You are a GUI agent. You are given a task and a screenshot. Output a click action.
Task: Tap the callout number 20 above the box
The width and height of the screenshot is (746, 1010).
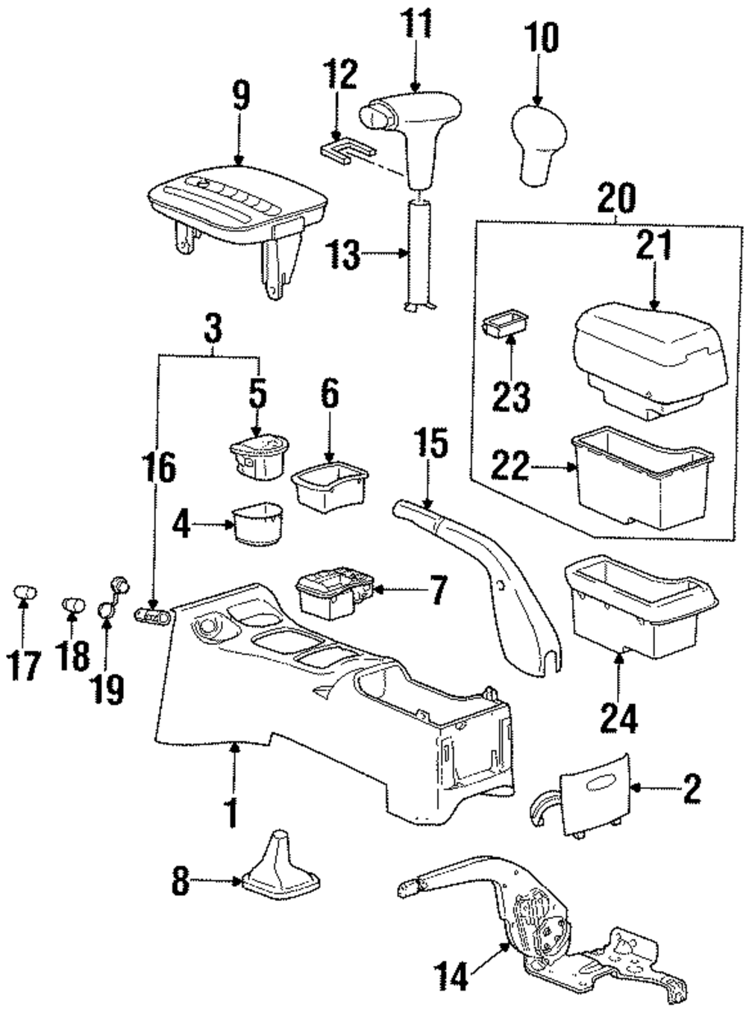point(616,201)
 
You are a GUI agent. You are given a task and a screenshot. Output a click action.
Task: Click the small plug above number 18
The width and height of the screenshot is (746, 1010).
point(72,603)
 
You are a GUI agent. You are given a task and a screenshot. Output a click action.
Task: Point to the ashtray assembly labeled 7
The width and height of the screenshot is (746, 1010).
point(333,590)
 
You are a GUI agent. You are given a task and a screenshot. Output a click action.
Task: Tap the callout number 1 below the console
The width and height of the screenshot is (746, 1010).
point(232,814)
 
